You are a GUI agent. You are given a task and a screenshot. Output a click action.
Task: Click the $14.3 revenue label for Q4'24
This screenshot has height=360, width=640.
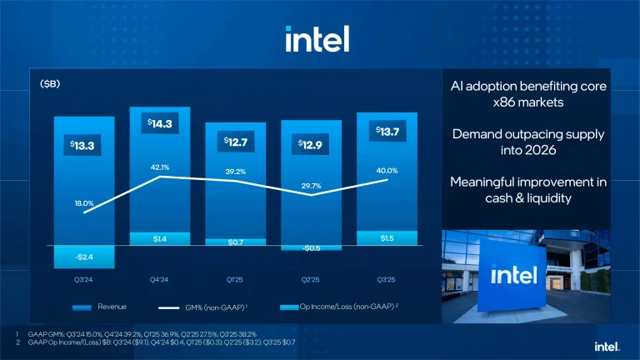pyautogui.click(x=160, y=124)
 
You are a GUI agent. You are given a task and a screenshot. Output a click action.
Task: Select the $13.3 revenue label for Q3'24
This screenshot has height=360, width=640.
pyautogui.click(x=84, y=146)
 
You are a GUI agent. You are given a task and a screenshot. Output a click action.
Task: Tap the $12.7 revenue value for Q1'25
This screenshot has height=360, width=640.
pyautogui.click(x=236, y=142)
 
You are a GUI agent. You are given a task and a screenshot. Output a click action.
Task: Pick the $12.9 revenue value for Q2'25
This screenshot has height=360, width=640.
pyautogui.click(x=311, y=146)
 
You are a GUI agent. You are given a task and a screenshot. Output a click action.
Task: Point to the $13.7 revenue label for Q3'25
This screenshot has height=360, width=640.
pyautogui.click(x=387, y=132)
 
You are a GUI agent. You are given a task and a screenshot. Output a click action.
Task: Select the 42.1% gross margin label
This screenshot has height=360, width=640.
pyautogui.click(x=160, y=166)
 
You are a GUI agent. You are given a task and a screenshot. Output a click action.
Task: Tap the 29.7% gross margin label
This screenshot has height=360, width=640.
pyautogui.click(x=312, y=185)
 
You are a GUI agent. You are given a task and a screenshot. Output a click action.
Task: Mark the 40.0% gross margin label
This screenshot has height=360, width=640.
pyautogui.click(x=387, y=170)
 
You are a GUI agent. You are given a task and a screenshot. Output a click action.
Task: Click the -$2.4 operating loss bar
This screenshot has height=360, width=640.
pyautogui.click(x=84, y=257)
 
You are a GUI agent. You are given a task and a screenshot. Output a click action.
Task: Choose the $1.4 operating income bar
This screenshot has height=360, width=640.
pyautogui.click(x=160, y=239)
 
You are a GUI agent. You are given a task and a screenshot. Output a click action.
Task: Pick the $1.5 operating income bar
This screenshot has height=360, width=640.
pyautogui.click(x=387, y=238)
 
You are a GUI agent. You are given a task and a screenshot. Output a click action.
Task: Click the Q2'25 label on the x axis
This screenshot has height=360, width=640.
pyautogui.click(x=311, y=280)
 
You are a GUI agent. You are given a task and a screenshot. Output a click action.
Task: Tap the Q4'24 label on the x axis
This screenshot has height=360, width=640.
pyautogui.click(x=160, y=280)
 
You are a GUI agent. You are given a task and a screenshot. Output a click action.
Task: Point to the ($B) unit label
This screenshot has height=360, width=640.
pyautogui.click(x=50, y=85)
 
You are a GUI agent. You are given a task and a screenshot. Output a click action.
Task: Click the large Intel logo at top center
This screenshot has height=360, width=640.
pyautogui.click(x=317, y=38)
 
